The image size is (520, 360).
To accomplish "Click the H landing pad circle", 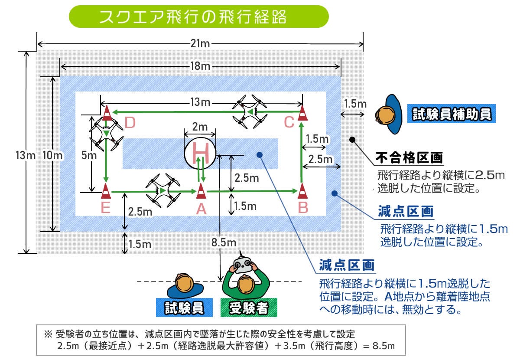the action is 200,153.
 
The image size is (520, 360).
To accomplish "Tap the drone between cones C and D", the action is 250,111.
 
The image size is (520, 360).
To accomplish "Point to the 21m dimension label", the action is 200,43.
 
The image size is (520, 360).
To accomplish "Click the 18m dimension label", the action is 200,66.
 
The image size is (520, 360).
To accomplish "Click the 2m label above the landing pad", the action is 200,127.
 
